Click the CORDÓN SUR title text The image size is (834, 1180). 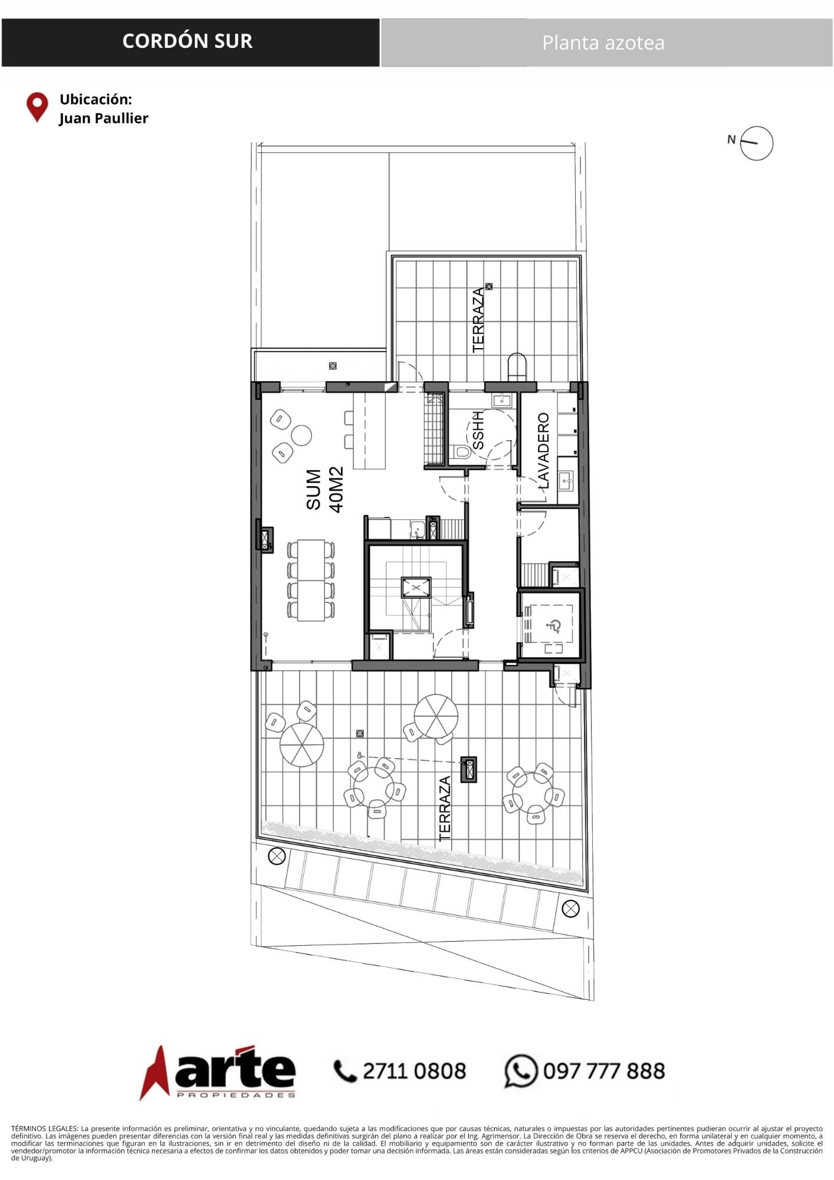188,41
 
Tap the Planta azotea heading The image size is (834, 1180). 603,43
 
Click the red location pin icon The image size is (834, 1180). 37,107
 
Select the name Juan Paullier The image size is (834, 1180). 104,119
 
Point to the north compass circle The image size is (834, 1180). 757,143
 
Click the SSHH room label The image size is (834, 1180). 478,430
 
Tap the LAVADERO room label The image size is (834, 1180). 544,451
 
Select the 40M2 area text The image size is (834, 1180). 336,490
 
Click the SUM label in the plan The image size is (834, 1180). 314,490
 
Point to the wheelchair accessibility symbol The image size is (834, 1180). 554,626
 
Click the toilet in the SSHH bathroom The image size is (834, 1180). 461,453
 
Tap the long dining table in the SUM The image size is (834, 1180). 311,580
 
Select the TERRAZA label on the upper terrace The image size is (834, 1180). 479,320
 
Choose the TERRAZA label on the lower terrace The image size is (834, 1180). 445,808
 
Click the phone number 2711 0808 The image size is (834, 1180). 415,1071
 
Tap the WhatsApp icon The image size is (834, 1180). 521,1071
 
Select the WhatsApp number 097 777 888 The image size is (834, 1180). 604,1071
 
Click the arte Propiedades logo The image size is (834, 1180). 218,1073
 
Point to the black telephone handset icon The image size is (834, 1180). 346,1071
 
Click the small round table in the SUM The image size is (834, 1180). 302,435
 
